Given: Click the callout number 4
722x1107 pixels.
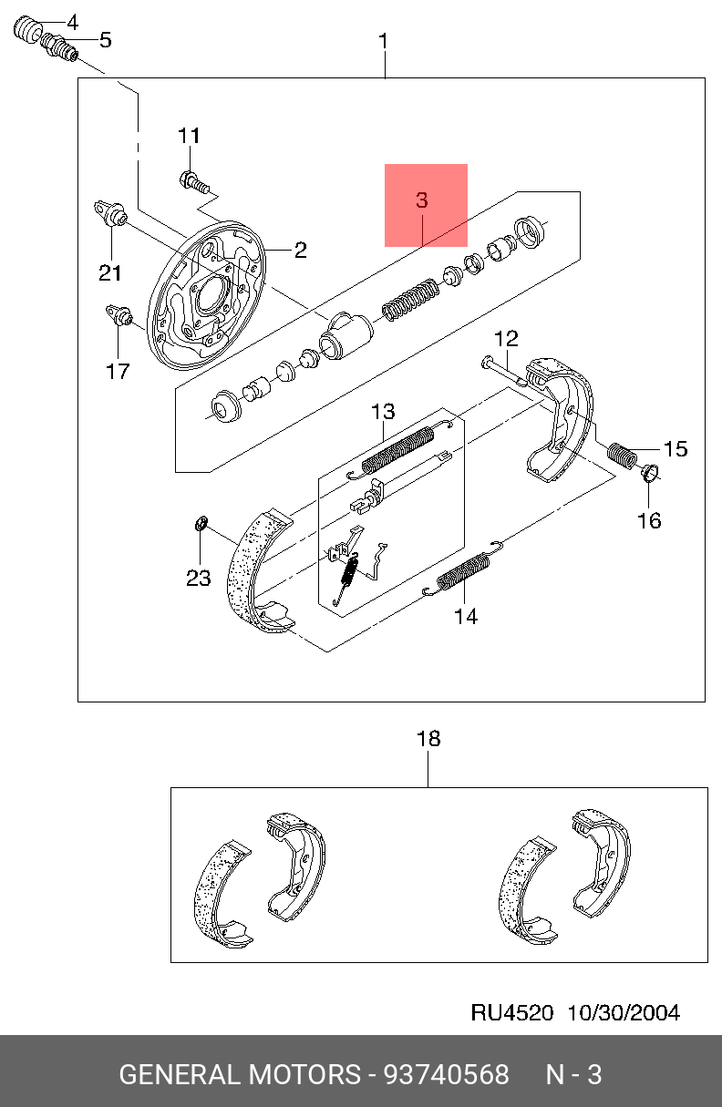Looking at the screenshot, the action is tap(72, 23).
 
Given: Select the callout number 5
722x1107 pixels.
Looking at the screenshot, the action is tap(106, 40).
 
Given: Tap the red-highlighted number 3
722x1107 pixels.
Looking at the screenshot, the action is tap(422, 200).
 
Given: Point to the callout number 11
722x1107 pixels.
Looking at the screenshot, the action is tap(189, 136).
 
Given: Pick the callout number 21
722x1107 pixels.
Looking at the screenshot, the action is tap(109, 272).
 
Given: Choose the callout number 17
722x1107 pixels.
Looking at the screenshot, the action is tap(118, 371).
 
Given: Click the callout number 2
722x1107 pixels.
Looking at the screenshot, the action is tap(301, 250).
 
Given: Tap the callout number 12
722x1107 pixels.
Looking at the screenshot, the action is tap(506, 339).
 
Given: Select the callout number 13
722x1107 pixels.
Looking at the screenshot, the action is tap(383, 412).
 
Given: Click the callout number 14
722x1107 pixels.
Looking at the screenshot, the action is tap(466, 616).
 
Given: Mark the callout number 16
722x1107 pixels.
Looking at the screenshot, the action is tap(649, 520).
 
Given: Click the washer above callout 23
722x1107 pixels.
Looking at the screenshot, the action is tap(201, 523).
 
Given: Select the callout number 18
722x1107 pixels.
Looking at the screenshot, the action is tap(428, 739).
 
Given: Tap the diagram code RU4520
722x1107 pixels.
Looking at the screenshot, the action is tap(511, 1012).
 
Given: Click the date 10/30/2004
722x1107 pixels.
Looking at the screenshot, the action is tap(624, 1012).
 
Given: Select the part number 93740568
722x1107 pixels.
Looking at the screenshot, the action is tap(447, 1075).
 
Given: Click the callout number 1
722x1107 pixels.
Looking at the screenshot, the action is tap(383, 42).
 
